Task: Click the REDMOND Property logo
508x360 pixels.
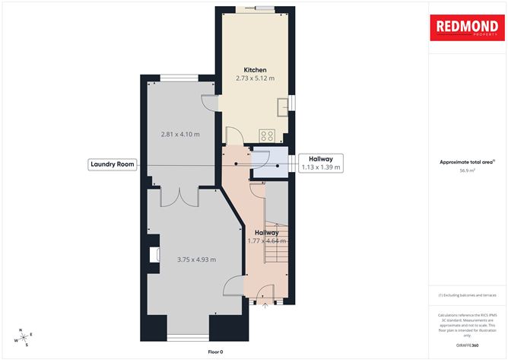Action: (468, 28)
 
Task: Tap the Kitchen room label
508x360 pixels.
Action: (255, 69)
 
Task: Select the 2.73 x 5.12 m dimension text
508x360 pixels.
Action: (255, 78)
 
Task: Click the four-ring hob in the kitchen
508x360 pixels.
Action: (268, 135)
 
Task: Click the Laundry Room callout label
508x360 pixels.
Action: (112, 164)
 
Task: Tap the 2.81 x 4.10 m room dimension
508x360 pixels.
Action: (180, 134)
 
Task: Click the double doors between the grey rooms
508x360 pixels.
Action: (179, 196)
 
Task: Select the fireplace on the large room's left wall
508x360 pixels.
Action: (155, 256)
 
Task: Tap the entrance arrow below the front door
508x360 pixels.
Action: (265, 307)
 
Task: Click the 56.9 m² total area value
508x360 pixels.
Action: (468, 170)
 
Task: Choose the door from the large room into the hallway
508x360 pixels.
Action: (233, 287)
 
